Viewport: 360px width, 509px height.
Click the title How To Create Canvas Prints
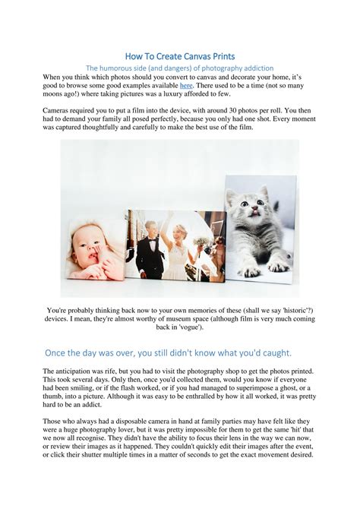tap(180, 55)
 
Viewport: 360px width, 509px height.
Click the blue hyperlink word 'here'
tap(186, 87)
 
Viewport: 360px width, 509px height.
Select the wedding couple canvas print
tap(175, 245)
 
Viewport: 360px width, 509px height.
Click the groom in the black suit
tap(150, 247)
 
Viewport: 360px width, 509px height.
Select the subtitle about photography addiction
tap(180, 68)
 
